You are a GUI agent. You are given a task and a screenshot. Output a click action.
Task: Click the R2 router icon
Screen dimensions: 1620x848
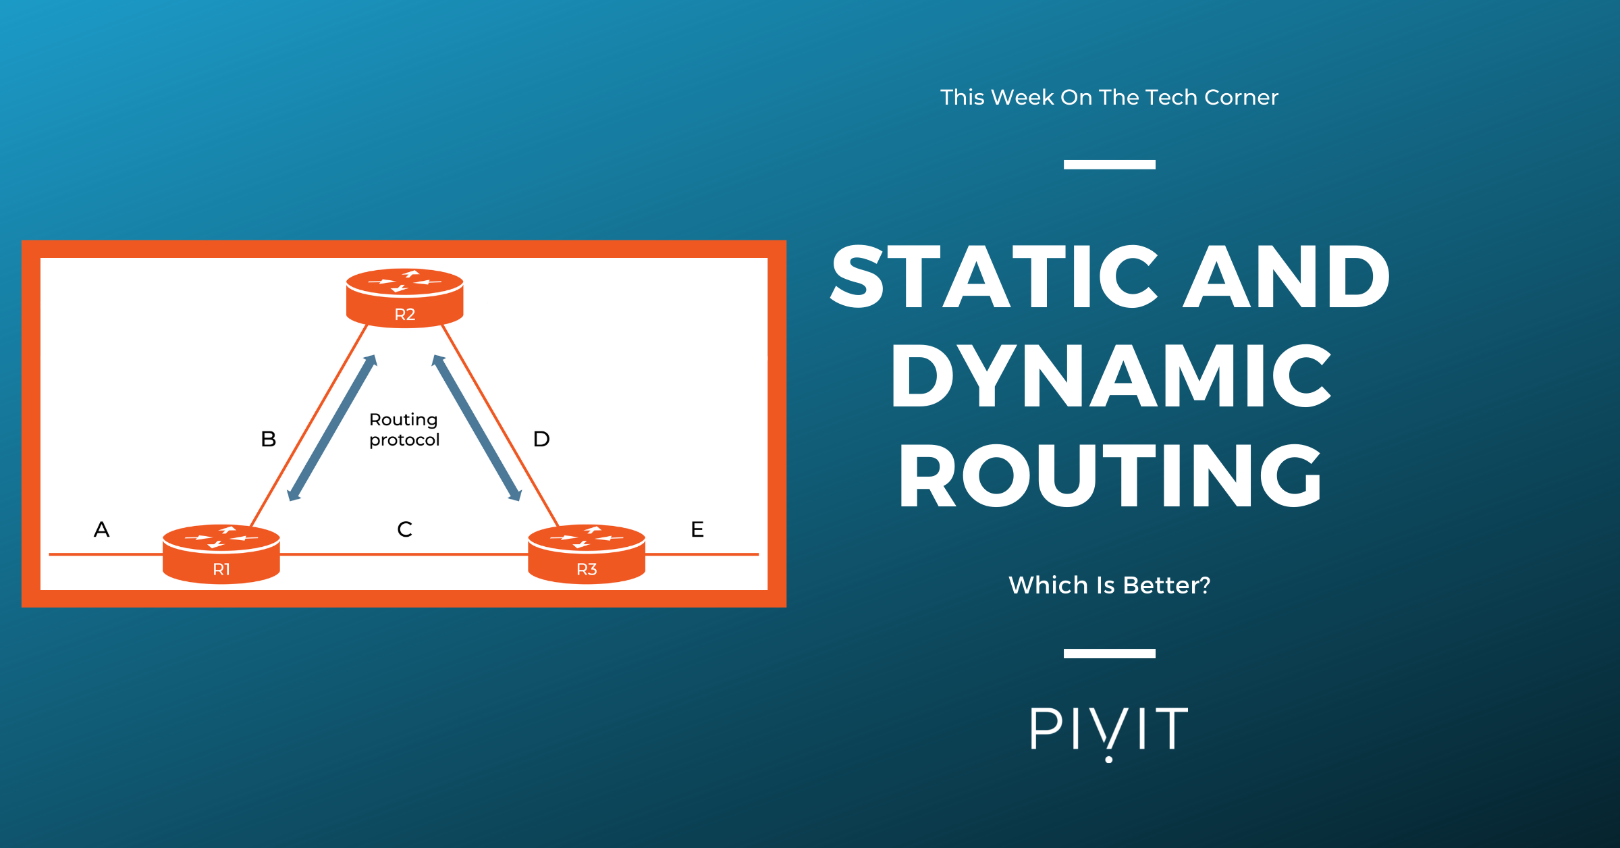point(404,298)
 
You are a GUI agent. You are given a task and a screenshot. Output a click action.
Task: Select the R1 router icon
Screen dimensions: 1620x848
point(221,554)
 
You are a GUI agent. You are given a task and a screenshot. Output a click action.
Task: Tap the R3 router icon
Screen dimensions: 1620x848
point(587,554)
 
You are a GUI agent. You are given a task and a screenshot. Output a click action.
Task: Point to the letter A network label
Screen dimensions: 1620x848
point(101,529)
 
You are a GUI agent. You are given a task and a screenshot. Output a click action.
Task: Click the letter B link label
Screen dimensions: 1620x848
point(269,439)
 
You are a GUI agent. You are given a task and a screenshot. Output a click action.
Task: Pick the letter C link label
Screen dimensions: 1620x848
point(404,529)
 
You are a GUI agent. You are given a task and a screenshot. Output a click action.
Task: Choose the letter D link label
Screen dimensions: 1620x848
point(541,439)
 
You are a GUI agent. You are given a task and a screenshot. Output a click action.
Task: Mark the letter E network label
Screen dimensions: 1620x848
point(697,529)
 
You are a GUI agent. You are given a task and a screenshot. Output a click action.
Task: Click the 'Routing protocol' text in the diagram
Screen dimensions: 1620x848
point(404,429)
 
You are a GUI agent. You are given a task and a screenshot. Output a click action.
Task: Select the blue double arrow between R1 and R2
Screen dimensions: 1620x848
point(332,428)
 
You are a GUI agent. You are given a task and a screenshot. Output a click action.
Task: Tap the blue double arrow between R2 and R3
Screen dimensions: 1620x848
point(477,428)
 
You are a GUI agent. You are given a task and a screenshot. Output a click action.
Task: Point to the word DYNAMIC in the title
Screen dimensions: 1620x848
point(1111,375)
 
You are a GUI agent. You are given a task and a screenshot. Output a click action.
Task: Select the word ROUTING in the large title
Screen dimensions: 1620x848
point(1110,475)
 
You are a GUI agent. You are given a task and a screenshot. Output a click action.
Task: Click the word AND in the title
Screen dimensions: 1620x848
point(1287,277)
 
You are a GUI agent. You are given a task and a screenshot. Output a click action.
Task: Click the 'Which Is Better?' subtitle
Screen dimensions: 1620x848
point(1110,585)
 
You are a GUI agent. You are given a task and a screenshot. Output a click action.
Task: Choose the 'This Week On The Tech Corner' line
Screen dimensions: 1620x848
point(1110,97)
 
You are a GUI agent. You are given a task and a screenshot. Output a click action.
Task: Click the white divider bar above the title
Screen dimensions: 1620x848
point(1110,165)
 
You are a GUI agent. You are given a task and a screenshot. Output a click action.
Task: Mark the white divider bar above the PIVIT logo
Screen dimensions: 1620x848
point(1110,654)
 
